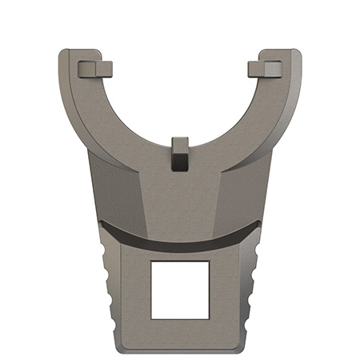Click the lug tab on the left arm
pyautogui.click(x=95, y=69)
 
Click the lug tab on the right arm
pyautogui.click(x=265, y=69)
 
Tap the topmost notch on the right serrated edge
pyautogui.click(x=255, y=254)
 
